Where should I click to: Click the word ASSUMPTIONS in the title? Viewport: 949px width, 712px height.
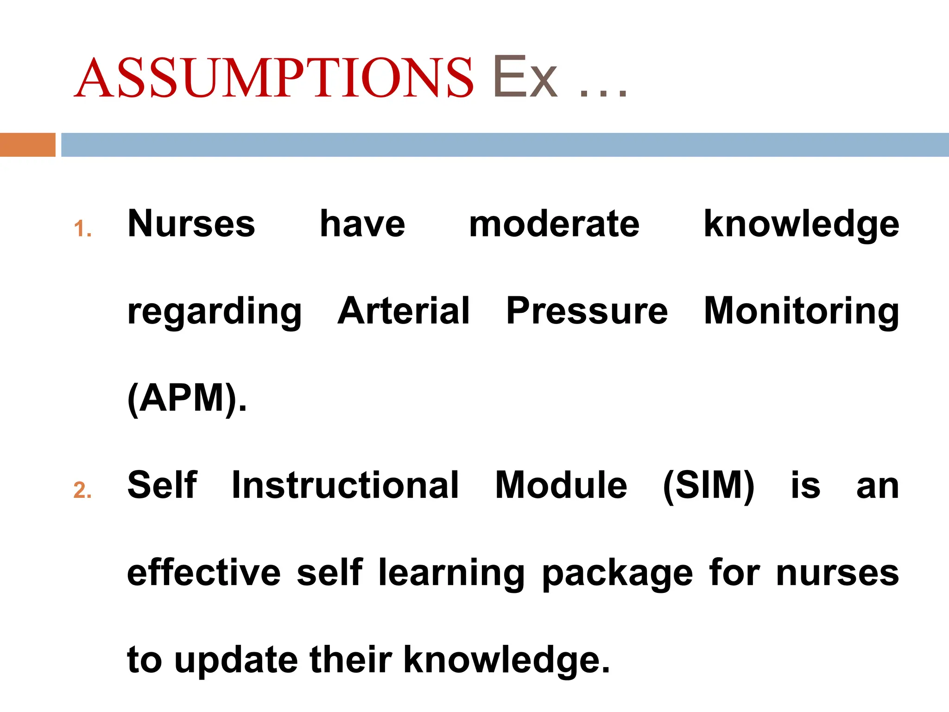click(273, 78)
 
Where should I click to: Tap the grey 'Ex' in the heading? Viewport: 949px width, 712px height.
click(525, 78)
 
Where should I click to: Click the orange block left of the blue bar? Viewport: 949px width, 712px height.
click(27, 145)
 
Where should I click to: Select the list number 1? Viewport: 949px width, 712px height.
click(82, 229)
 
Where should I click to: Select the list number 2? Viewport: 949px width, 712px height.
click(82, 490)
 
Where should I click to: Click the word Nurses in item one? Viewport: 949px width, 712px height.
click(191, 224)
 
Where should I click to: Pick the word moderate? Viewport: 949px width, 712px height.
click(554, 224)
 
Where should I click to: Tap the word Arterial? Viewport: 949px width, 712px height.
click(403, 311)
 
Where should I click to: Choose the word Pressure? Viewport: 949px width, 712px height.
click(587, 311)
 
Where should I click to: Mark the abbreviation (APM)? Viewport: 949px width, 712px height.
click(187, 398)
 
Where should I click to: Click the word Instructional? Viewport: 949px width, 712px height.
click(345, 485)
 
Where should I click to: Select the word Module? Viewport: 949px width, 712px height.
click(561, 485)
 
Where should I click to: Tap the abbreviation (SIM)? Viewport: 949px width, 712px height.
click(709, 485)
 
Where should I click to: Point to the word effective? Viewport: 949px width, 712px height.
click(204, 572)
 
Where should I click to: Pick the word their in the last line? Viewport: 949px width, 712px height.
click(351, 660)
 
